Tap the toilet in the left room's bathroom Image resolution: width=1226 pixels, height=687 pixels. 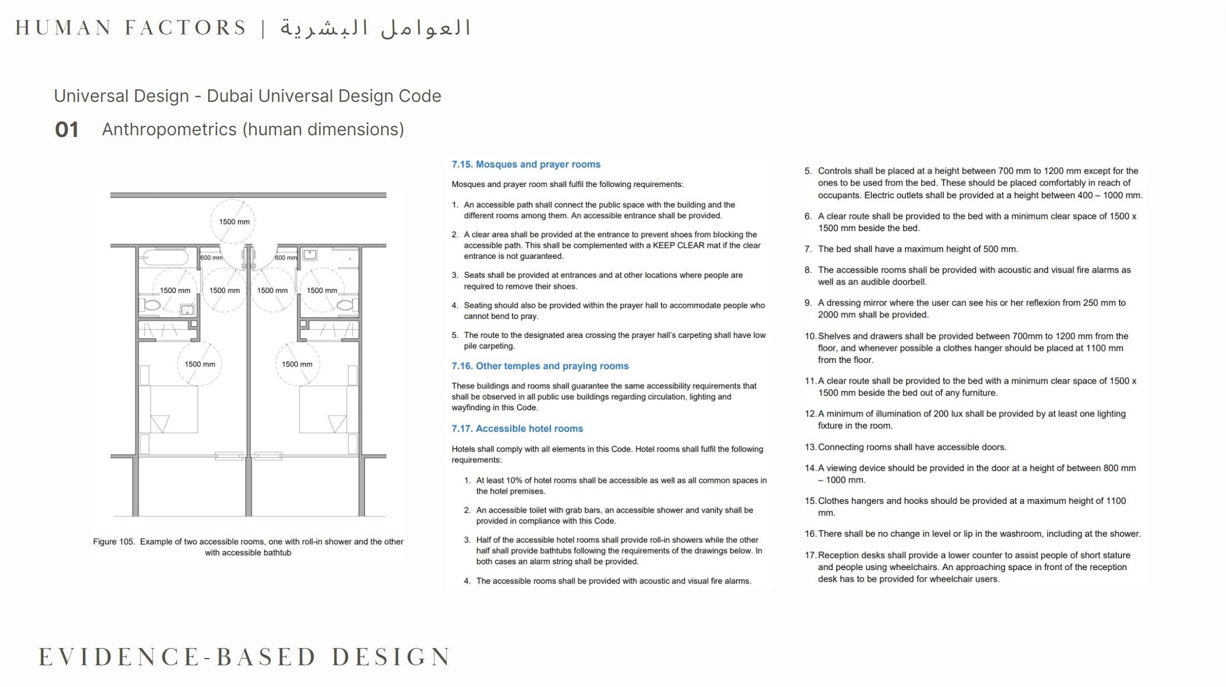pos(151,305)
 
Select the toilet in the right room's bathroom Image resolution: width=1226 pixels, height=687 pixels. pos(345,305)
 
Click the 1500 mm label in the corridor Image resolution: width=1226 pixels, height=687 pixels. pos(234,222)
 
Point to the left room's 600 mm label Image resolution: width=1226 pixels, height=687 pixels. pos(211,258)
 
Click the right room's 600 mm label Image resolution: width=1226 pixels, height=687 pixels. pos(286,258)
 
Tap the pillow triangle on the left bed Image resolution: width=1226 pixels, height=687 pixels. pos(160,424)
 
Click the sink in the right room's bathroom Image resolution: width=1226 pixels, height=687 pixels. pos(310,255)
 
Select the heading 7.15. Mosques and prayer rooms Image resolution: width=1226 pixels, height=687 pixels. pos(526,164)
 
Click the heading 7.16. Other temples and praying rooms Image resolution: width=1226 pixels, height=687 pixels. pos(540,366)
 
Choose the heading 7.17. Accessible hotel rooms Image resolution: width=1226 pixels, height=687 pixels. pos(517,429)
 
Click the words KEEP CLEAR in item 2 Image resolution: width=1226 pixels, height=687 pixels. pos(678,246)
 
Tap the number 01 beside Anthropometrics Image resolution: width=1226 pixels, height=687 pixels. pos(67,130)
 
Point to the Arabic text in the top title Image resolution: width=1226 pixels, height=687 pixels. pos(375,28)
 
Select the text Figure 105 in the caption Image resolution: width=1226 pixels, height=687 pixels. pos(113,542)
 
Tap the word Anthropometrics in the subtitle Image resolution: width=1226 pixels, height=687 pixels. pos(169,129)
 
